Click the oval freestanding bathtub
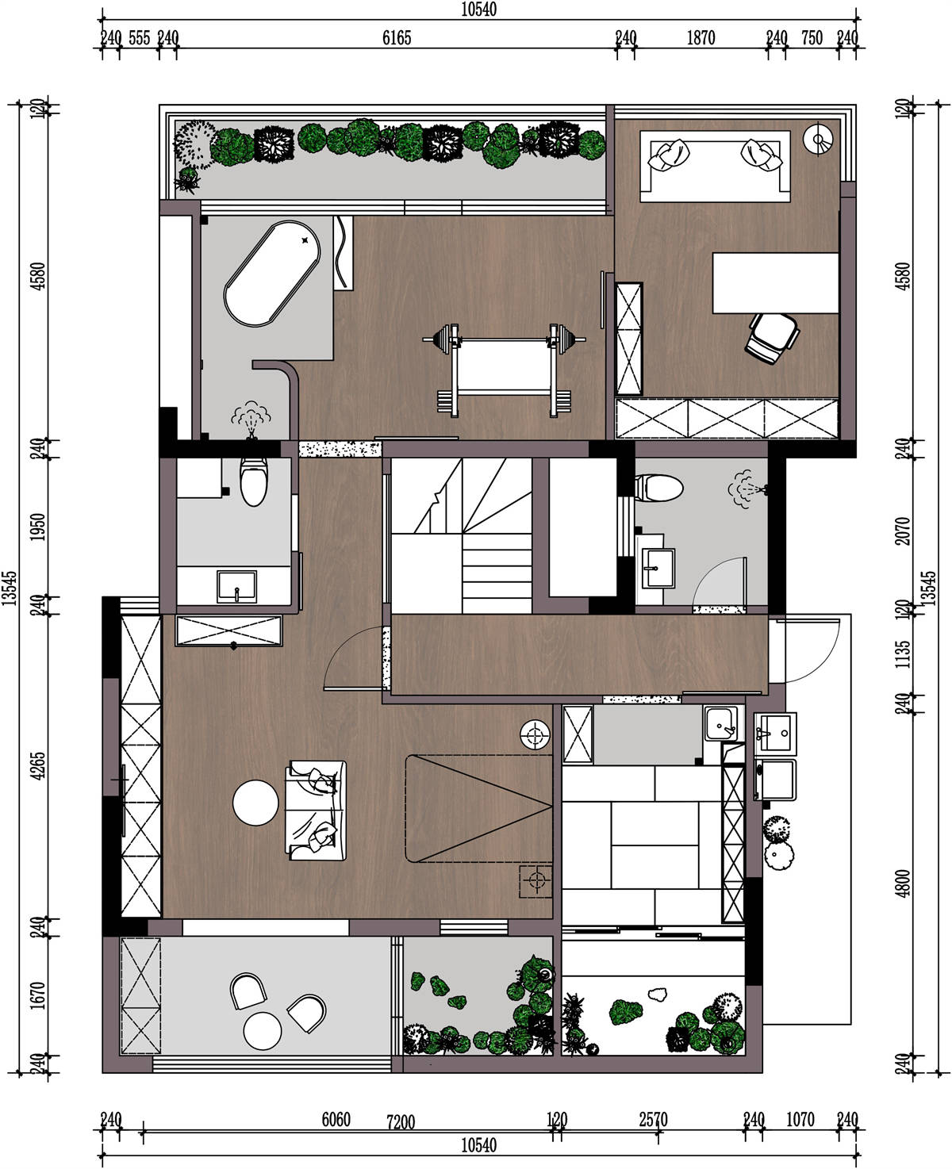(272, 274)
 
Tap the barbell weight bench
(504, 370)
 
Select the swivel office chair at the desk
(771, 338)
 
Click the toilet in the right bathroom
(658, 488)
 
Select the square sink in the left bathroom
(236, 587)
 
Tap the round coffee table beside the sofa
(255, 803)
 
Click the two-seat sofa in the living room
(316, 810)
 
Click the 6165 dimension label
(397, 38)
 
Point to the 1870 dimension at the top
(701, 38)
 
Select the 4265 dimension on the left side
(38, 766)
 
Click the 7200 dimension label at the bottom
(401, 1122)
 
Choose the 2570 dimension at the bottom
(654, 1120)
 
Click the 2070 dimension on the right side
(902, 531)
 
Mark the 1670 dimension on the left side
(38, 995)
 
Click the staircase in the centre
(461, 535)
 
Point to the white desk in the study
(775, 282)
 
